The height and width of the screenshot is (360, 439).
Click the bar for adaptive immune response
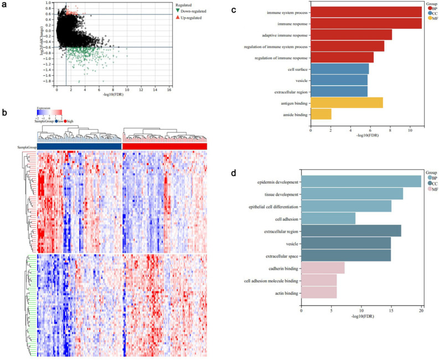click(351, 35)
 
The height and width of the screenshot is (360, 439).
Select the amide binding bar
click(321, 114)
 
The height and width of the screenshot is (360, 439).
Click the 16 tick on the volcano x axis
click(169, 89)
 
